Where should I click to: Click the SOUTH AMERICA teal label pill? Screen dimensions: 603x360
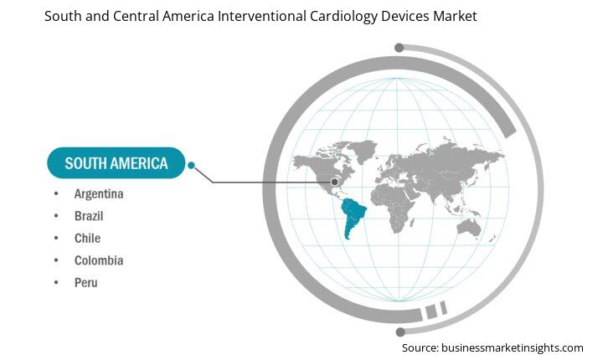116,162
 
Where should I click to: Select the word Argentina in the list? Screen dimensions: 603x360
99,194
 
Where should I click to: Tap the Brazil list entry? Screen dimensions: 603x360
89,216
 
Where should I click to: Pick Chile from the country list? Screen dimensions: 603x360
88,239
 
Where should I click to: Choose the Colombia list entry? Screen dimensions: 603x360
99,260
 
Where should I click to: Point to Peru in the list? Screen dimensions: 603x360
85,283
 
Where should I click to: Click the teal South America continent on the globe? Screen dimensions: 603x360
353,216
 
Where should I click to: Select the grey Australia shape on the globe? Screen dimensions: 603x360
469,228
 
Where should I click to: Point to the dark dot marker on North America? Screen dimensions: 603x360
334,182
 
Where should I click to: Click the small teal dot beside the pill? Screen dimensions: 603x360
191,166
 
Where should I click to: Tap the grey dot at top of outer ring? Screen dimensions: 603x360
399,48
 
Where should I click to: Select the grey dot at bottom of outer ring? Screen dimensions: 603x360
400,332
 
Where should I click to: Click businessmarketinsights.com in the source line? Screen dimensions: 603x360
513,348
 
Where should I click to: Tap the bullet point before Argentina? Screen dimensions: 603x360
56,193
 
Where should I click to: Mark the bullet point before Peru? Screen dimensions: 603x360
56,283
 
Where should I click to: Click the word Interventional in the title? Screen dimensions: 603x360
262,16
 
